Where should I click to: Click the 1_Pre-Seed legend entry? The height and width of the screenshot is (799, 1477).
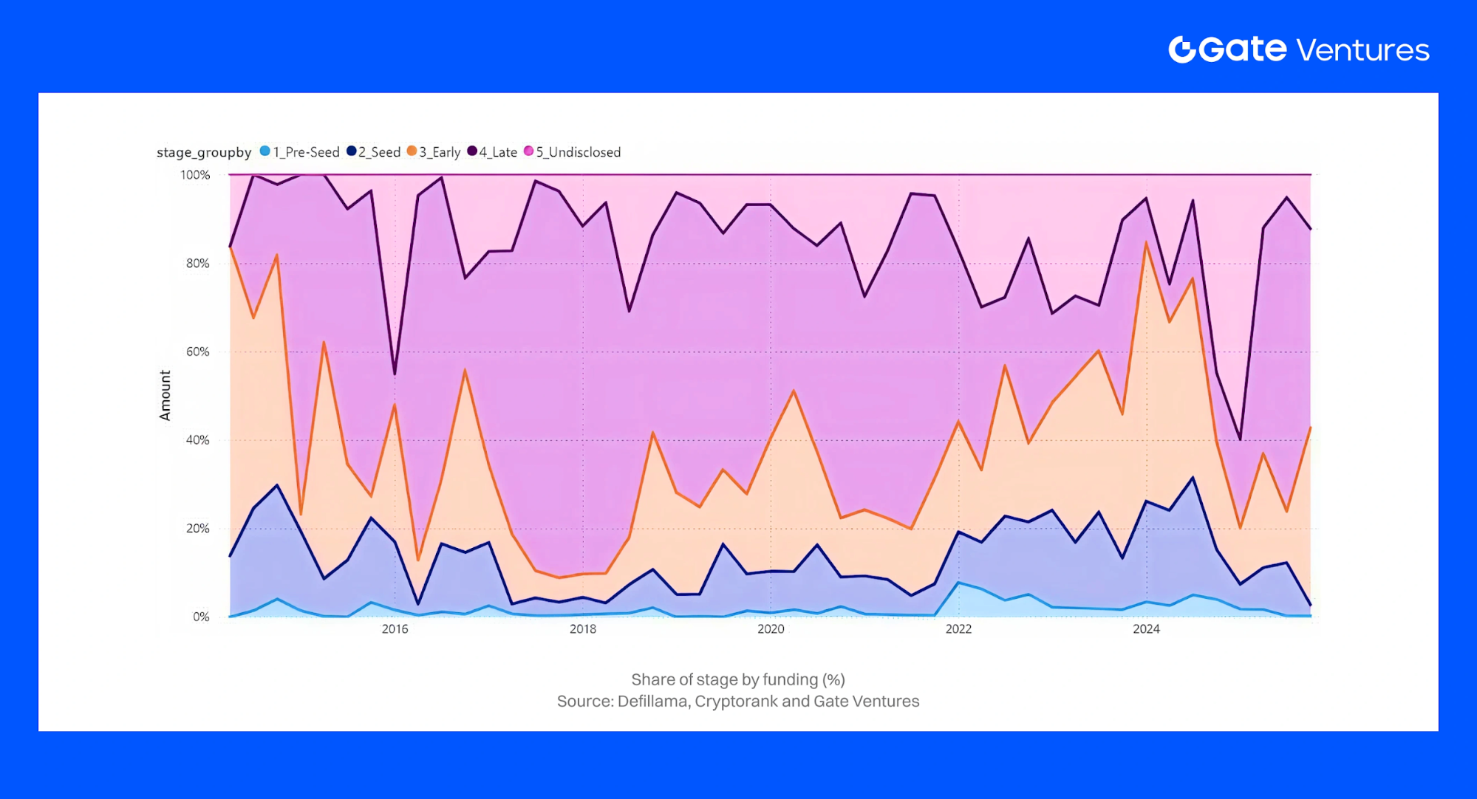299,152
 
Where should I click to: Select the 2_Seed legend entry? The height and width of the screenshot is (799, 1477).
374,152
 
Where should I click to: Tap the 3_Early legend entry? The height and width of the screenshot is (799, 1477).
434,152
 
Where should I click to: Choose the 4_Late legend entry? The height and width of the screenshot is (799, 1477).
492,152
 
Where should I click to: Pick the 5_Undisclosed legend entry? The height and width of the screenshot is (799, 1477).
573,152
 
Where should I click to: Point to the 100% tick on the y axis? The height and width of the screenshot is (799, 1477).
195,175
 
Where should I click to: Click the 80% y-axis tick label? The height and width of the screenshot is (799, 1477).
197,264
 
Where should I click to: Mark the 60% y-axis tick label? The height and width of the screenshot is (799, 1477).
197,352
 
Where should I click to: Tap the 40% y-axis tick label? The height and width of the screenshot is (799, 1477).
197,440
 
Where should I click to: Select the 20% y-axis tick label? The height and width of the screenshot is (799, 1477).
197,529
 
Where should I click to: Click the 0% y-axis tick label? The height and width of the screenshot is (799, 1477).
201,617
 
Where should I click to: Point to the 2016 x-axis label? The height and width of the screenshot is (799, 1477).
395,629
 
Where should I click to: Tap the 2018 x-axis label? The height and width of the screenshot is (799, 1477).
583,629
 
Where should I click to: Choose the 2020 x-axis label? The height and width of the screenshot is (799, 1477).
771,629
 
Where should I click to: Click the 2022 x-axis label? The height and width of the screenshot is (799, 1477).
958,629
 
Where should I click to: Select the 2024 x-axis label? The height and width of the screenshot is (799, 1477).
1146,629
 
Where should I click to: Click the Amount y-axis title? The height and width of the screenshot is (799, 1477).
165,396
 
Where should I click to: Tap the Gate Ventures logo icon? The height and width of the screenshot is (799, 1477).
1182,49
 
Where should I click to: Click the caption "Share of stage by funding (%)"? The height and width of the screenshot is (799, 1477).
737,679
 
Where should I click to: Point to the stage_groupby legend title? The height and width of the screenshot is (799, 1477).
204,152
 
